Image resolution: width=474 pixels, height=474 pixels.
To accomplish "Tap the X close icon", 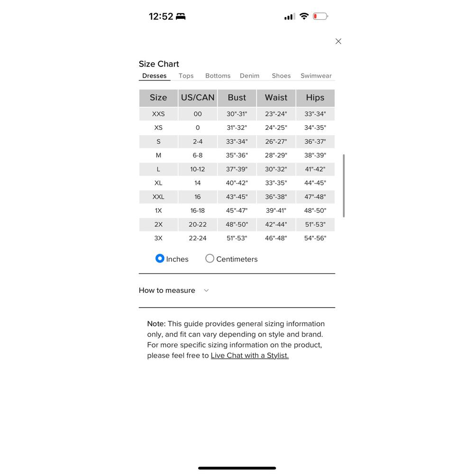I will click(338, 41).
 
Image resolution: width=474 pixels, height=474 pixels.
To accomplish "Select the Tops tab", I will click(186, 76).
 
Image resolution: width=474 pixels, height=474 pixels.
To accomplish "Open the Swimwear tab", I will click(316, 76).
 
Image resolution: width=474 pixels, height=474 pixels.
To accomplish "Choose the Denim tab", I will click(249, 76).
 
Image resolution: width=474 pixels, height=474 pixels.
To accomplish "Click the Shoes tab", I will click(281, 76).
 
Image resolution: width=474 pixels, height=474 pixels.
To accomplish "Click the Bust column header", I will click(237, 98).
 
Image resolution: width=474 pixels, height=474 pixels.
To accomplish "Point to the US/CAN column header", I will click(198, 98).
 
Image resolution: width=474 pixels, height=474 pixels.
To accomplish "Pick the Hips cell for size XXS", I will click(315, 114).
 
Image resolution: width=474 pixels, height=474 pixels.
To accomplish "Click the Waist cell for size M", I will click(276, 155).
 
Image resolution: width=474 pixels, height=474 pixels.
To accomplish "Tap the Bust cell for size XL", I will click(237, 183).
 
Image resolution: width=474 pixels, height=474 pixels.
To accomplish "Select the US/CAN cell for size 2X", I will click(198, 224).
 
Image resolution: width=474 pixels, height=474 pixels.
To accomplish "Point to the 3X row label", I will click(158, 238).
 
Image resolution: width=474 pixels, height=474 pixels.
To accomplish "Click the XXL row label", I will click(158, 197).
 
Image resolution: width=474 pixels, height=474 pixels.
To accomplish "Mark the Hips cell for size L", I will click(315, 169).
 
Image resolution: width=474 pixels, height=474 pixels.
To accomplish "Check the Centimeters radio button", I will click(210, 258).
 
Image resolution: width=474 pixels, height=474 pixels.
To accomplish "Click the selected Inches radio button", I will click(160, 258).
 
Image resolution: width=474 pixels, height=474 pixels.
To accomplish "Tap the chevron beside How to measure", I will click(206, 291).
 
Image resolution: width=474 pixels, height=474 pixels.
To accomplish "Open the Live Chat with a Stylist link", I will click(249, 355).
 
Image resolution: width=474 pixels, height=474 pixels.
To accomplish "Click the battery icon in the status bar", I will click(320, 17).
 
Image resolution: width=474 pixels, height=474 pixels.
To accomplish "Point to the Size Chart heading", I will click(159, 64).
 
